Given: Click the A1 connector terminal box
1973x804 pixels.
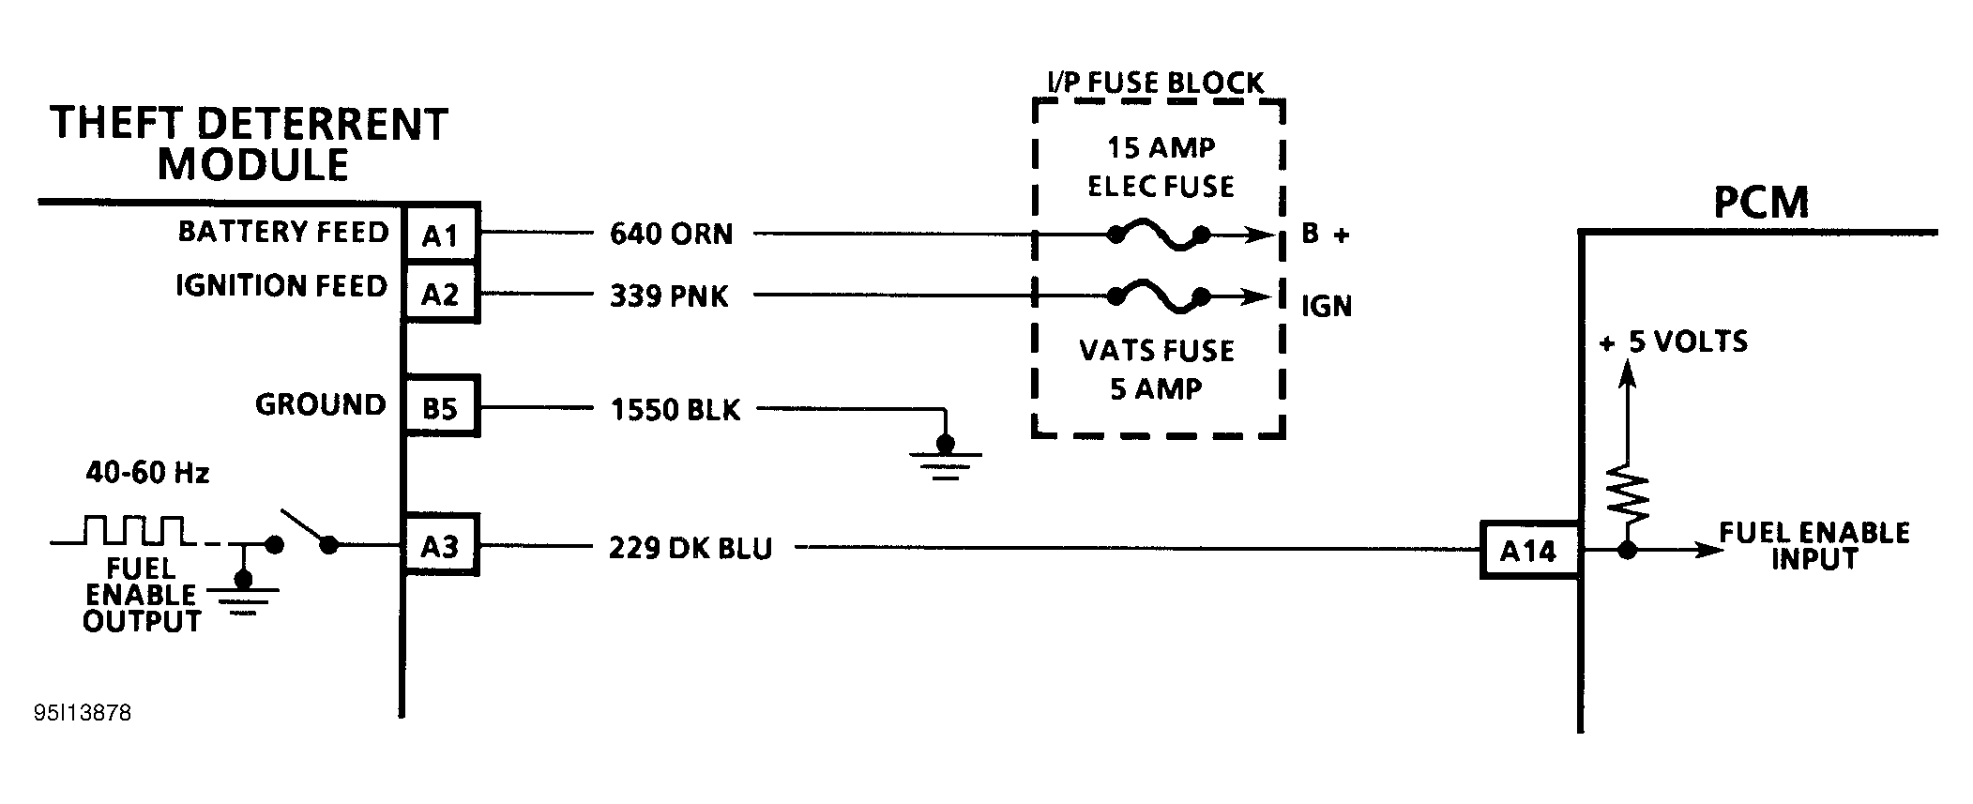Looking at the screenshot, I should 440,235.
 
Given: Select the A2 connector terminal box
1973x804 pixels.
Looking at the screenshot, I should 440,295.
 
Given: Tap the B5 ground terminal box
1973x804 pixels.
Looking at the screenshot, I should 440,407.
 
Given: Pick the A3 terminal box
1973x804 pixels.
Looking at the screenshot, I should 440,546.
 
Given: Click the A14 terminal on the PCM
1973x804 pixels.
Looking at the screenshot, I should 1528,551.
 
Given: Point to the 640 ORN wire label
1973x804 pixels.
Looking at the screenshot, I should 671,234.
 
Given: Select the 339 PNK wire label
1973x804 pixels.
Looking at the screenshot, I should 669,296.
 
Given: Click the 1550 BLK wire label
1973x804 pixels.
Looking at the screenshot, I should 675,410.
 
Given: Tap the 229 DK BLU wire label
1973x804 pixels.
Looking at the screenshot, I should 690,548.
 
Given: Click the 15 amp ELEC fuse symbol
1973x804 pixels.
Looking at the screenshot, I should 1158,235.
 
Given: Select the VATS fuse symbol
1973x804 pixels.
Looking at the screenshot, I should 1158,296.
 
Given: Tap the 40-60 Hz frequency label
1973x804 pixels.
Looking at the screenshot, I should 147,472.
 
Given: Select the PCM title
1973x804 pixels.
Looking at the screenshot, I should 1760,203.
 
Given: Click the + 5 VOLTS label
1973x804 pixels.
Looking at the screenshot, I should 1674,341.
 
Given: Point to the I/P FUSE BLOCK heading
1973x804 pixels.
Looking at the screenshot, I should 1155,83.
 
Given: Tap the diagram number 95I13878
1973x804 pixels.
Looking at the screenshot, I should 83,713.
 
